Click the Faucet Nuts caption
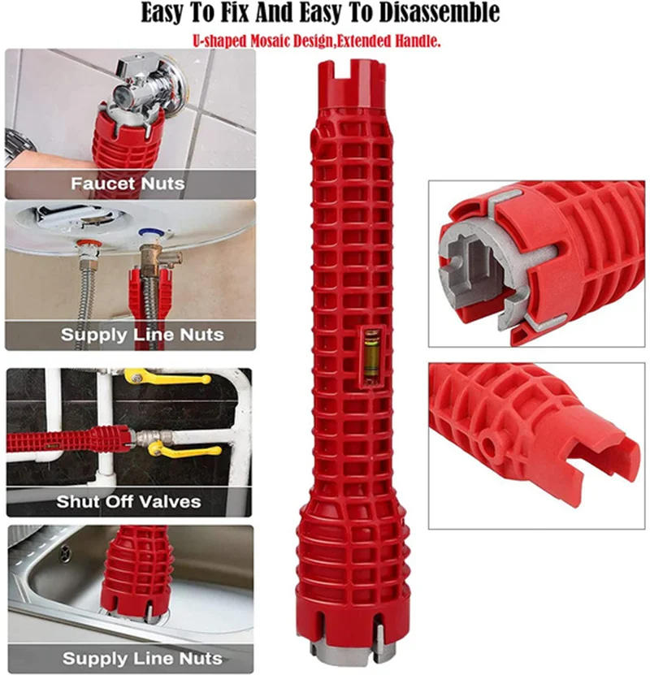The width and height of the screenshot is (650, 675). coord(128,184)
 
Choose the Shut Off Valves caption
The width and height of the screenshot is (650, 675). coord(128,501)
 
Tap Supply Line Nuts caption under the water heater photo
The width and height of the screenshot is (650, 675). coord(142,335)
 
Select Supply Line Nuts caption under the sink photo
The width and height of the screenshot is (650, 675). coord(142,658)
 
